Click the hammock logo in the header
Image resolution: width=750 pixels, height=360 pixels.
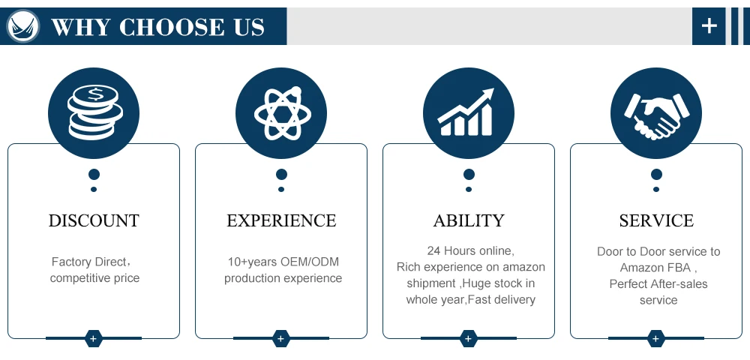[22, 26]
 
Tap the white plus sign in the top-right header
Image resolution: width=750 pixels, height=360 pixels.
[709, 26]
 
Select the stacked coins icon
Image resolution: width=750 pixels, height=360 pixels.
[94, 112]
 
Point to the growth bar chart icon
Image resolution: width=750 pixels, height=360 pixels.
[469, 112]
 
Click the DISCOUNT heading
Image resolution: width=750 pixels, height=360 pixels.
[94, 220]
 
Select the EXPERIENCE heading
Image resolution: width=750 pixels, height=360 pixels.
[281, 220]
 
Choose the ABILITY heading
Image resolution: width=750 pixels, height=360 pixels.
[469, 220]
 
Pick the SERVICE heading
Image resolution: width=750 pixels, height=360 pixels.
[656, 220]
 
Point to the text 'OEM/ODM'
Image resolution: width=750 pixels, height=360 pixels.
[311, 262]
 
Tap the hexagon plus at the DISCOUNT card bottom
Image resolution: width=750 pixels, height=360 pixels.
[94, 338]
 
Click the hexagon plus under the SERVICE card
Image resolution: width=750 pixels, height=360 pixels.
[656, 338]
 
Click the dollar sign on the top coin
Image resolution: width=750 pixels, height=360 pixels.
[95, 94]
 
